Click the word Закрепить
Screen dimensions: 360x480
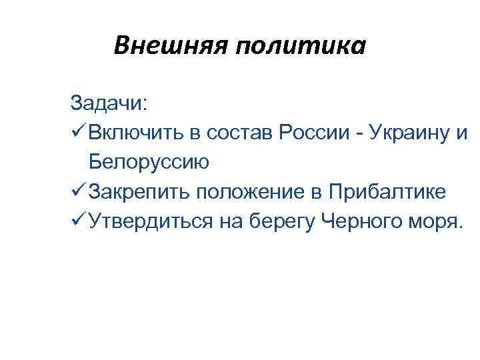tap(139, 192)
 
